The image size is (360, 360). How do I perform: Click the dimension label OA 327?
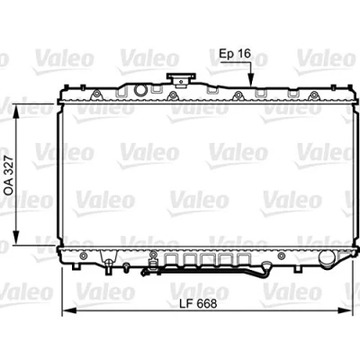click(9, 175)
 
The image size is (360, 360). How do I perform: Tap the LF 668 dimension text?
click(198, 303)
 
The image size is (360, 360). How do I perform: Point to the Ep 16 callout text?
click(235, 54)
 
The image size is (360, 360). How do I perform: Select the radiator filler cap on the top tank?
click(181, 80)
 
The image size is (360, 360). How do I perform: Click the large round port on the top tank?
click(140, 90)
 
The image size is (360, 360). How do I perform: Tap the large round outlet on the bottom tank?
click(328, 259)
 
